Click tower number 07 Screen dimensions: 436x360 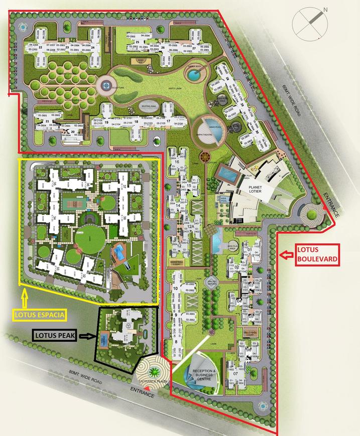[235, 374]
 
